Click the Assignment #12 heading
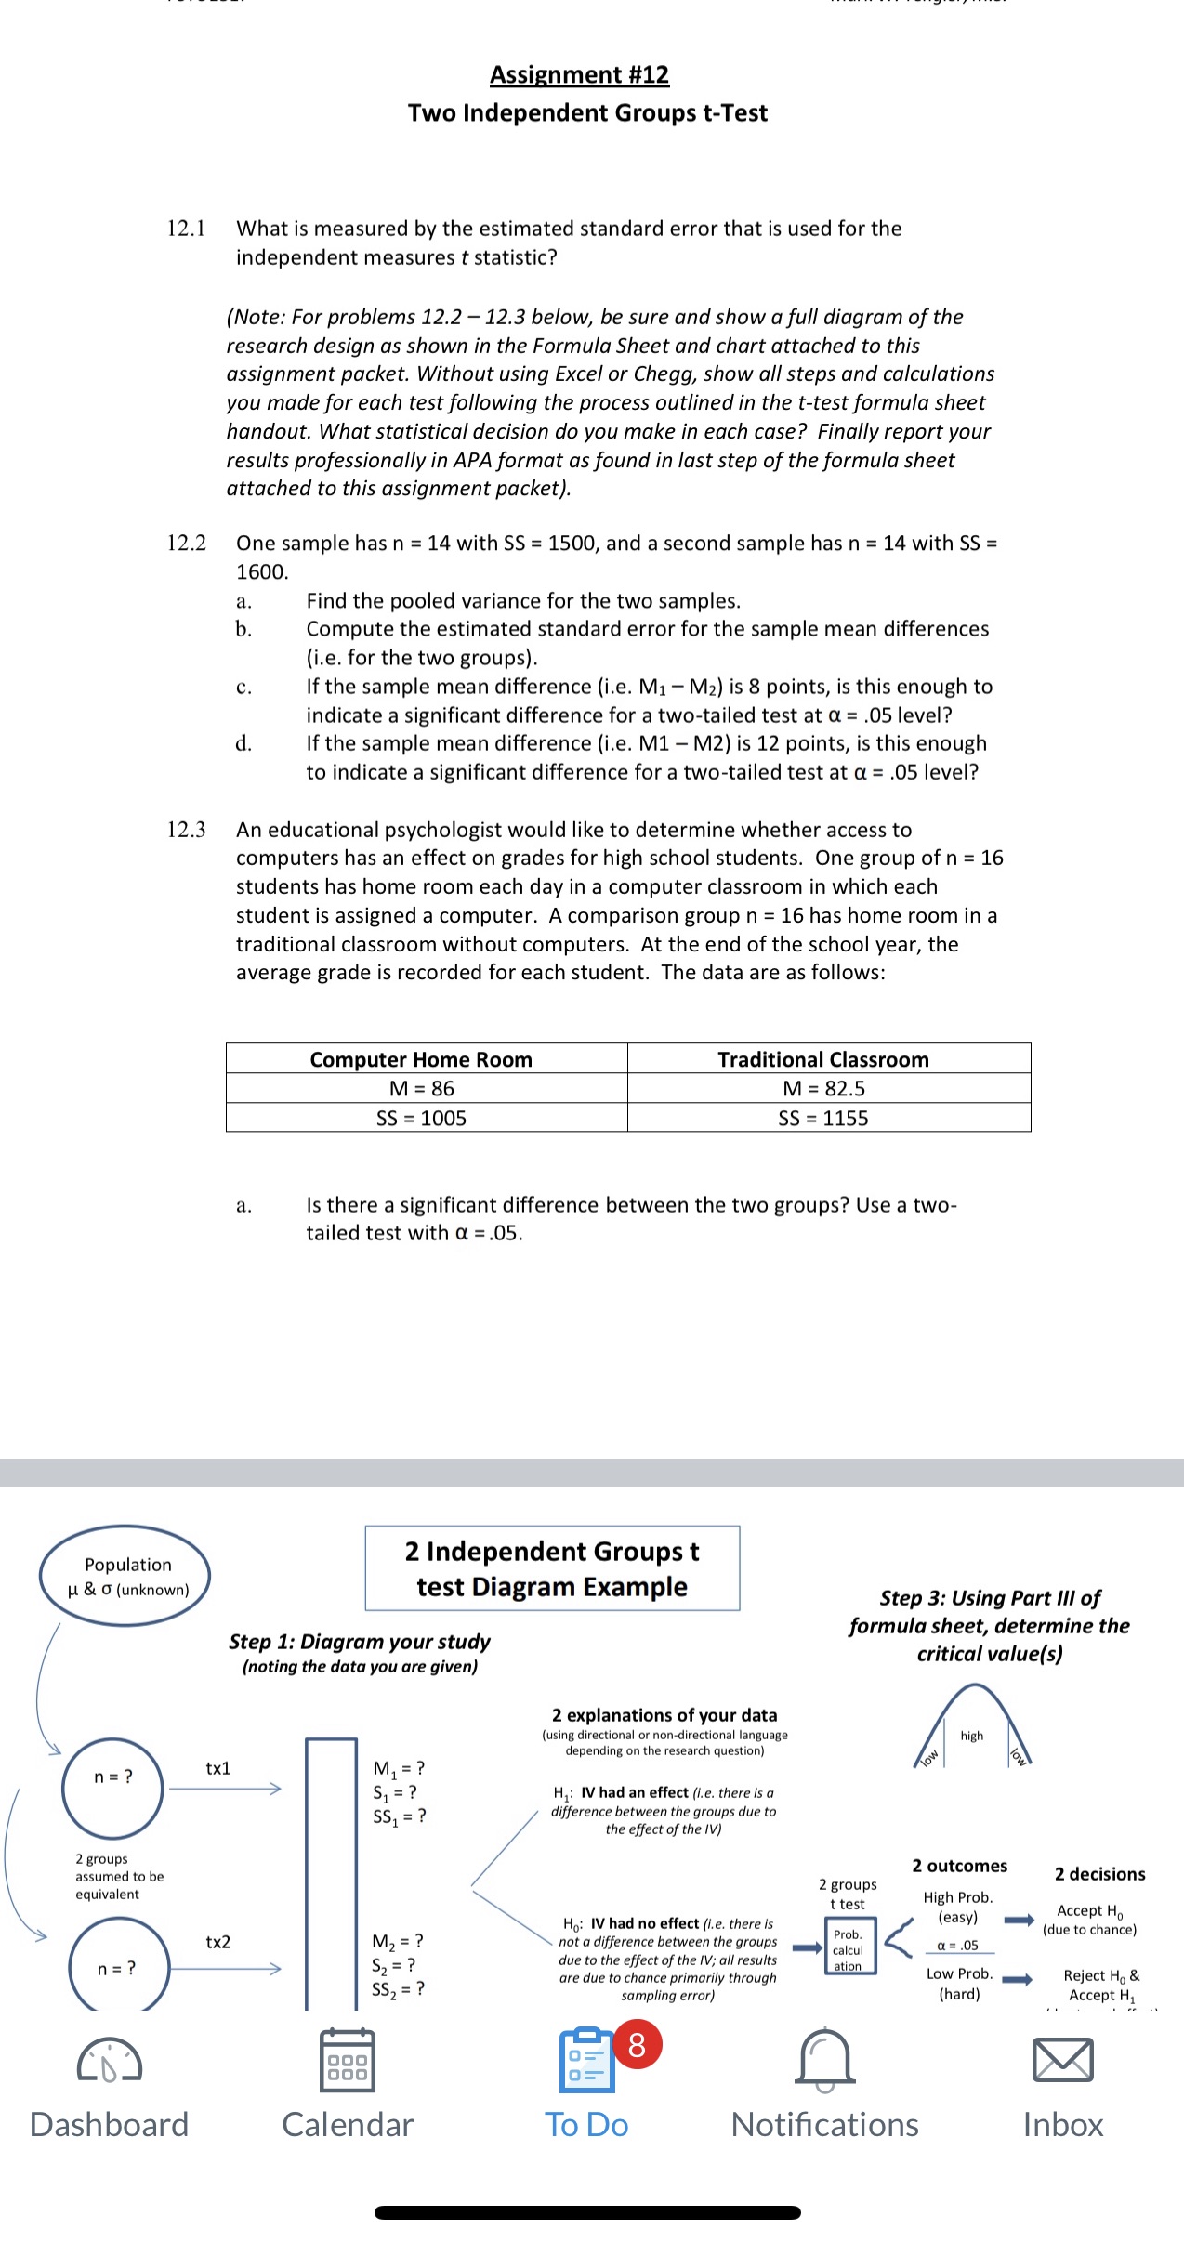pos(579,74)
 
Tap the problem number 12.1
pos(186,229)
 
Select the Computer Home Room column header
pos(421,1059)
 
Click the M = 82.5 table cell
pos(823,1088)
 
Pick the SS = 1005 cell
pos(421,1118)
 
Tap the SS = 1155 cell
pos(823,1118)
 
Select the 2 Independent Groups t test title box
pos(552,1568)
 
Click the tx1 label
pos(218,1768)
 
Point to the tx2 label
pos(218,1942)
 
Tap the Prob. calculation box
pos(849,1949)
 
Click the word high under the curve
pos(972,1736)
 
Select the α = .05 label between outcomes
pos(958,1946)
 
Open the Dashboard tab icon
pos(110,2061)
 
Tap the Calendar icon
pos(348,2061)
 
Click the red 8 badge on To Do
pos(637,2045)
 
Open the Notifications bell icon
pos(825,2059)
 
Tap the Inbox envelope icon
pos(1062,2059)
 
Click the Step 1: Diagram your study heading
pos(360,1642)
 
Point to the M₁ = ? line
pos(399,1768)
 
